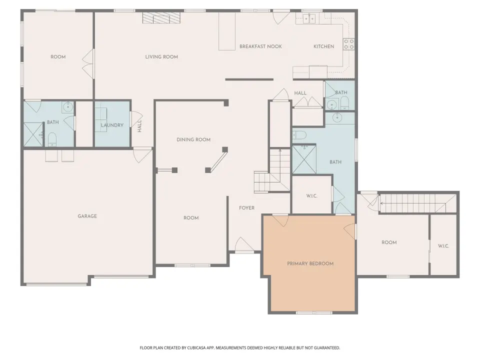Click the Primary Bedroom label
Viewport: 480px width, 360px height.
point(310,263)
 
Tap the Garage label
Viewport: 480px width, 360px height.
point(87,216)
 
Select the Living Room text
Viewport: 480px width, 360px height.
point(161,56)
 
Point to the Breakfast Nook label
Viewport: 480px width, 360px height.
point(260,46)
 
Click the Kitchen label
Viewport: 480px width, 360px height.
point(323,46)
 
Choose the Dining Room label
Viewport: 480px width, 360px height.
point(193,139)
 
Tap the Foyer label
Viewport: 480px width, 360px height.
point(246,208)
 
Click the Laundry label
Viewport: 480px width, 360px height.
point(112,125)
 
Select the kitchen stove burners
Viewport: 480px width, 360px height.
point(348,44)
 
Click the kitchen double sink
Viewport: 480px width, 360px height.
point(309,19)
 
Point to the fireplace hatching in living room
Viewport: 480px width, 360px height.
point(161,18)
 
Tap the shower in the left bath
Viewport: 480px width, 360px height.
point(33,134)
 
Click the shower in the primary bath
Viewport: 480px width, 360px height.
point(304,159)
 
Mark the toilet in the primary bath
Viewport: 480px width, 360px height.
point(299,134)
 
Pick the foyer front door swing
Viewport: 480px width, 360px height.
point(244,245)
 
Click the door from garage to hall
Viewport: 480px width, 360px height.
point(142,155)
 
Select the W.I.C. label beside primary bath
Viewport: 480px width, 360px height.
point(311,196)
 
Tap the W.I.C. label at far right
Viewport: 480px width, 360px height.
point(443,246)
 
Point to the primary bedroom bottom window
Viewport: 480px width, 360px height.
point(314,312)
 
